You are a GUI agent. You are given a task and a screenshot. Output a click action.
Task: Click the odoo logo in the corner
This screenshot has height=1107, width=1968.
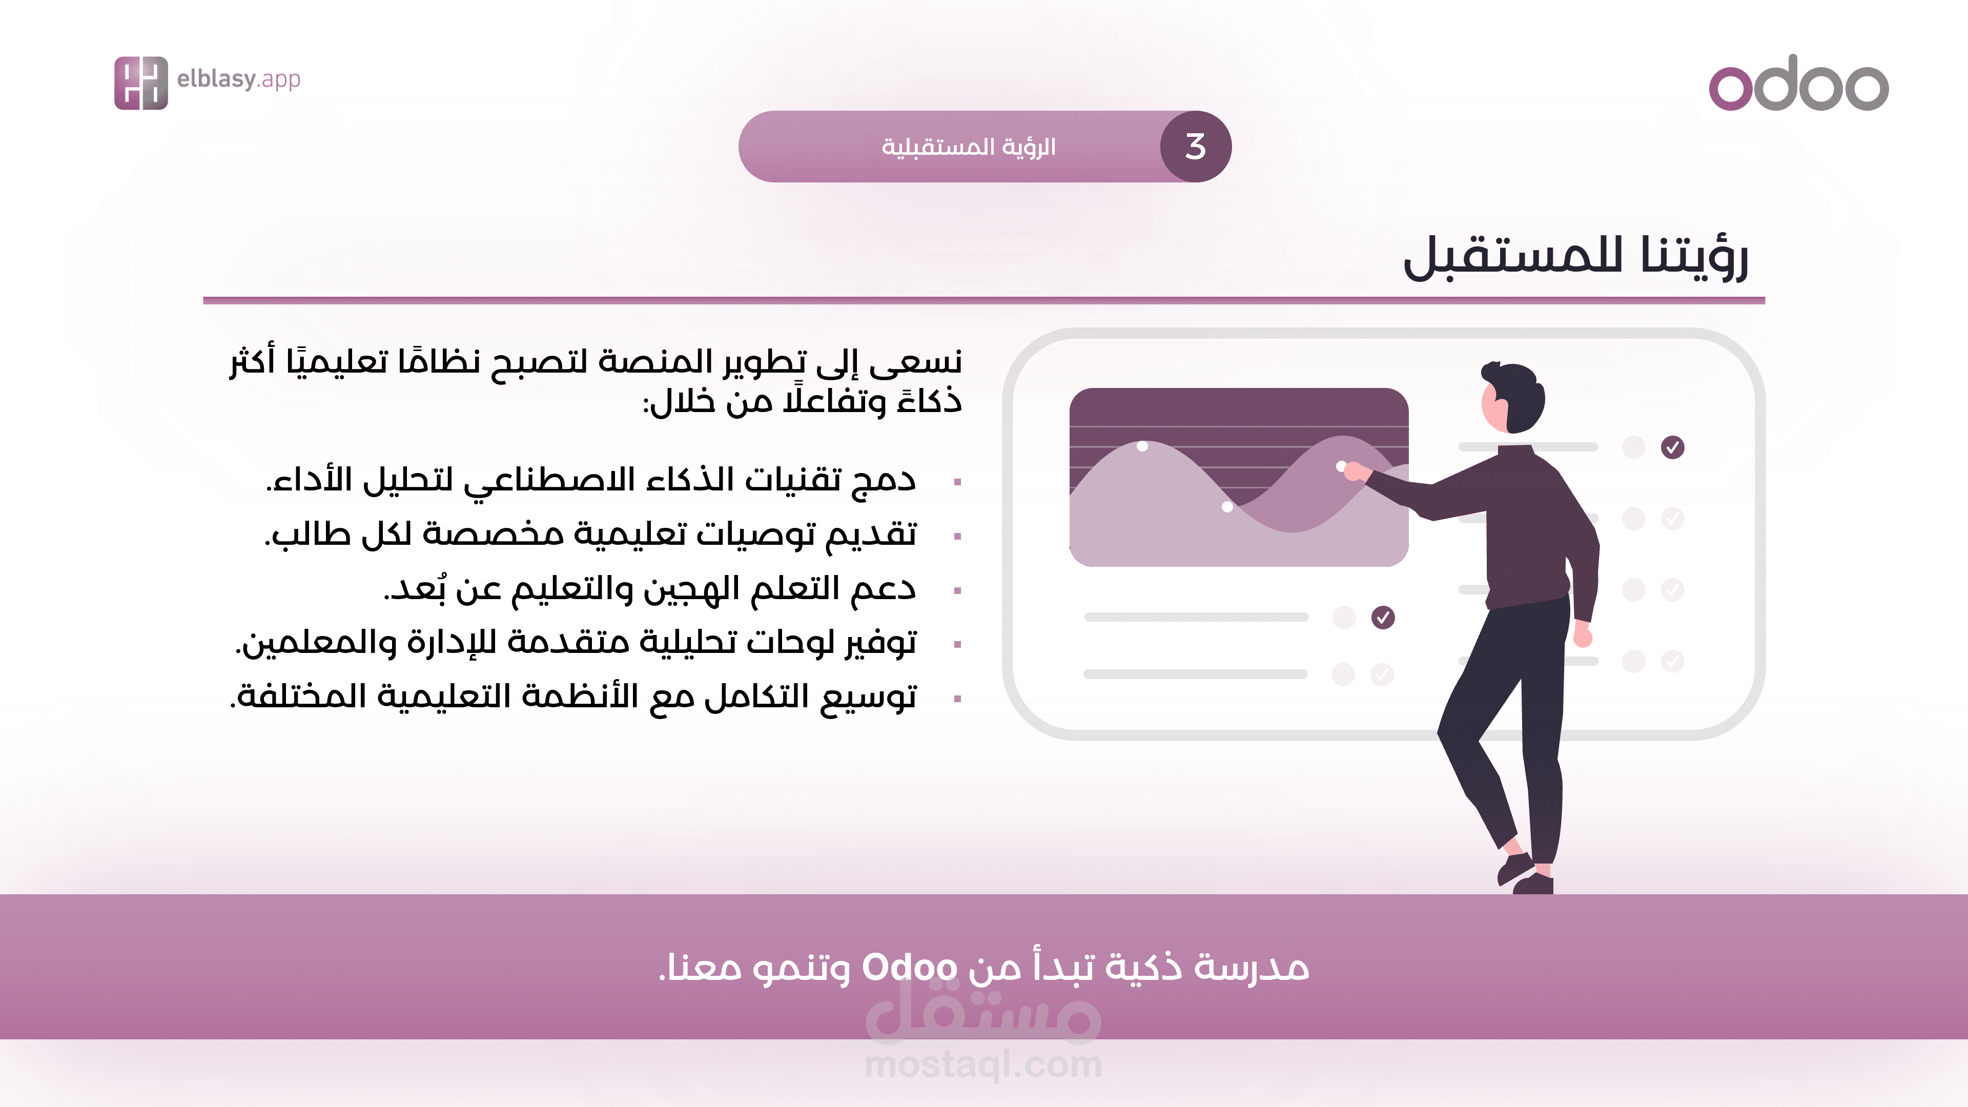(x=1798, y=83)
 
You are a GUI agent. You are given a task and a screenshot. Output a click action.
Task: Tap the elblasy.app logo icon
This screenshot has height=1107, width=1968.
(x=140, y=83)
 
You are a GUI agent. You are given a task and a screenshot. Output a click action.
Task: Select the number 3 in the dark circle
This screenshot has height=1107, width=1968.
(x=1196, y=147)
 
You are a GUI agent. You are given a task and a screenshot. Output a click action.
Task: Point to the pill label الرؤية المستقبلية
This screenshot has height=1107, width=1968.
(x=969, y=146)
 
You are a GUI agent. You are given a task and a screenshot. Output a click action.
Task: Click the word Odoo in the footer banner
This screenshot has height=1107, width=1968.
(x=909, y=967)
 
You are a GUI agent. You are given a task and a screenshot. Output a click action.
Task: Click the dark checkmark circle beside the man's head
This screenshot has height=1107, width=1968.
(x=1672, y=447)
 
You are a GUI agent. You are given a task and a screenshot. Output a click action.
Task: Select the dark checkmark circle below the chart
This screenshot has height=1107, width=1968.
(x=1383, y=617)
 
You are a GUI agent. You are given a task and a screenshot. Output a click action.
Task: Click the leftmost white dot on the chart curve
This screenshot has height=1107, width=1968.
(x=1142, y=446)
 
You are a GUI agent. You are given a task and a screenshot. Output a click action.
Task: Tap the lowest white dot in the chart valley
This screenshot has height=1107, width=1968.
(x=1227, y=506)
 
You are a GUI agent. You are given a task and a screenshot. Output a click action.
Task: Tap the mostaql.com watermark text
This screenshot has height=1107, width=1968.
(x=983, y=1064)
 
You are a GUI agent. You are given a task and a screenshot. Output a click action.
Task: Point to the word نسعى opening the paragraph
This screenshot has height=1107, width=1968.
(x=915, y=361)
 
